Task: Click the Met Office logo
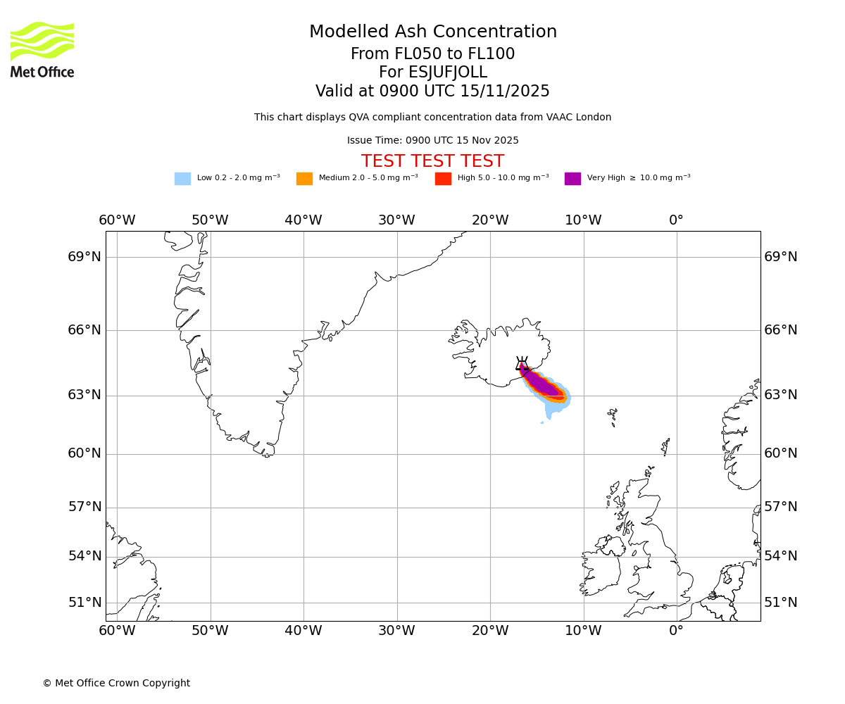(42, 49)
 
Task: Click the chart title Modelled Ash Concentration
(432, 32)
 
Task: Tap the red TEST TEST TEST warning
(432, 162)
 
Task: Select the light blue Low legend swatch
(182, 179)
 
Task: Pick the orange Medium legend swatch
(304, 179)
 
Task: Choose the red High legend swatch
(443, 179)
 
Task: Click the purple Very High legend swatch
(572, 179)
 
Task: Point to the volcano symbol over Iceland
(522, 363)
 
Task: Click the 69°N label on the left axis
(84, 257)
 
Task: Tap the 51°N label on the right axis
(781, 603)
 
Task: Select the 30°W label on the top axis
(396, 220)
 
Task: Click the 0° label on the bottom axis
(676, 631)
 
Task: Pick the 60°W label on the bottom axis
(117, 631)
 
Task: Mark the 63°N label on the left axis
(84, 395)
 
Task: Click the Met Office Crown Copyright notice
(116, 684)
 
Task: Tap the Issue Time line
(432, 141)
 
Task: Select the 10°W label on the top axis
(583, 220)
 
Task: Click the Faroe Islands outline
(613, 417)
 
